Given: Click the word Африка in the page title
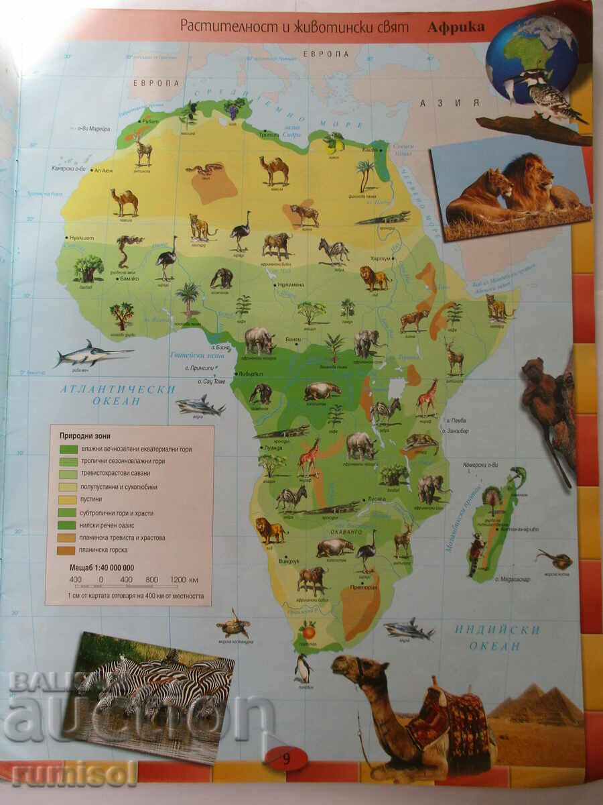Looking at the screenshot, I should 456,28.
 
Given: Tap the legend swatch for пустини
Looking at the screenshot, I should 68,500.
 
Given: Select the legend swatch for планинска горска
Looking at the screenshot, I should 68,550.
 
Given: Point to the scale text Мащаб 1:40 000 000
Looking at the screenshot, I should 102,568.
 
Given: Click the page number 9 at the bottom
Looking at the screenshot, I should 287,759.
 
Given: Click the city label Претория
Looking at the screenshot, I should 362,588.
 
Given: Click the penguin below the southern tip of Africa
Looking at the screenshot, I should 303,667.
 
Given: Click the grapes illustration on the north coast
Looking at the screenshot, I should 233,107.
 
